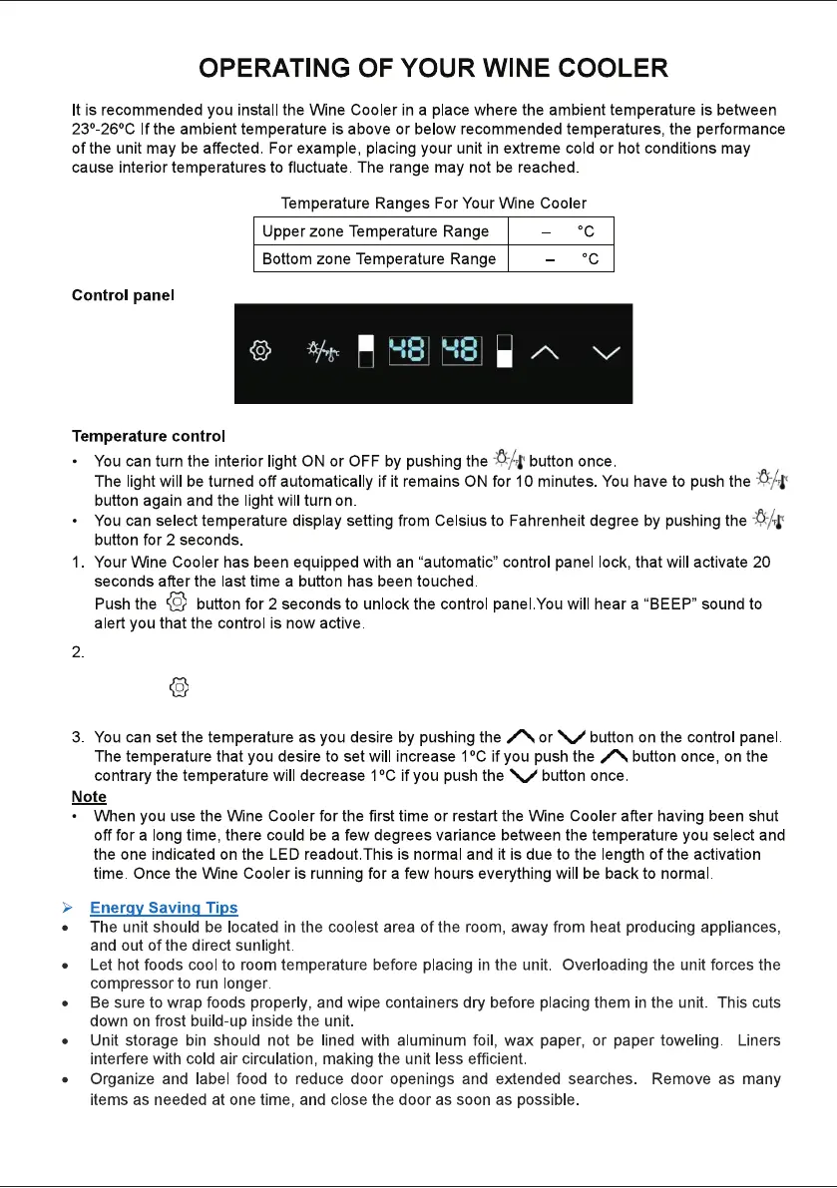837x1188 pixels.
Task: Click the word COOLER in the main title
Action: (604, 69)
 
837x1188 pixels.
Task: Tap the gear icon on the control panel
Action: (259, 352)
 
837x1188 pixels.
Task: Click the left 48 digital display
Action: (408, 351)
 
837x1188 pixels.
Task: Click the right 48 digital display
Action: (462, 351)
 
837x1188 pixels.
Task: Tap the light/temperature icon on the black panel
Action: (322, 352)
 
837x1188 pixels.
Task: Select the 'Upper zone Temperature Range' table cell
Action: (375, 231)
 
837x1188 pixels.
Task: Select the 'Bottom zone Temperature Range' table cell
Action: (378, 258)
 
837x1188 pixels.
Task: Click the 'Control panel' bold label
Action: (123, 296)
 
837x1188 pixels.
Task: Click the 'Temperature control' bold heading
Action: (149, 436)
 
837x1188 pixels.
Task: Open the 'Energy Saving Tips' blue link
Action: (164, 908)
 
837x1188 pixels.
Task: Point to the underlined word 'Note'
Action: (89, 797)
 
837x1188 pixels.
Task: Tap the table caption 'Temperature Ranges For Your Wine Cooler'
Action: (433, 203)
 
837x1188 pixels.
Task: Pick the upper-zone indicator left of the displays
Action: (367, 351)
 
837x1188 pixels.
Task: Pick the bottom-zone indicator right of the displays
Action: (504, 351)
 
